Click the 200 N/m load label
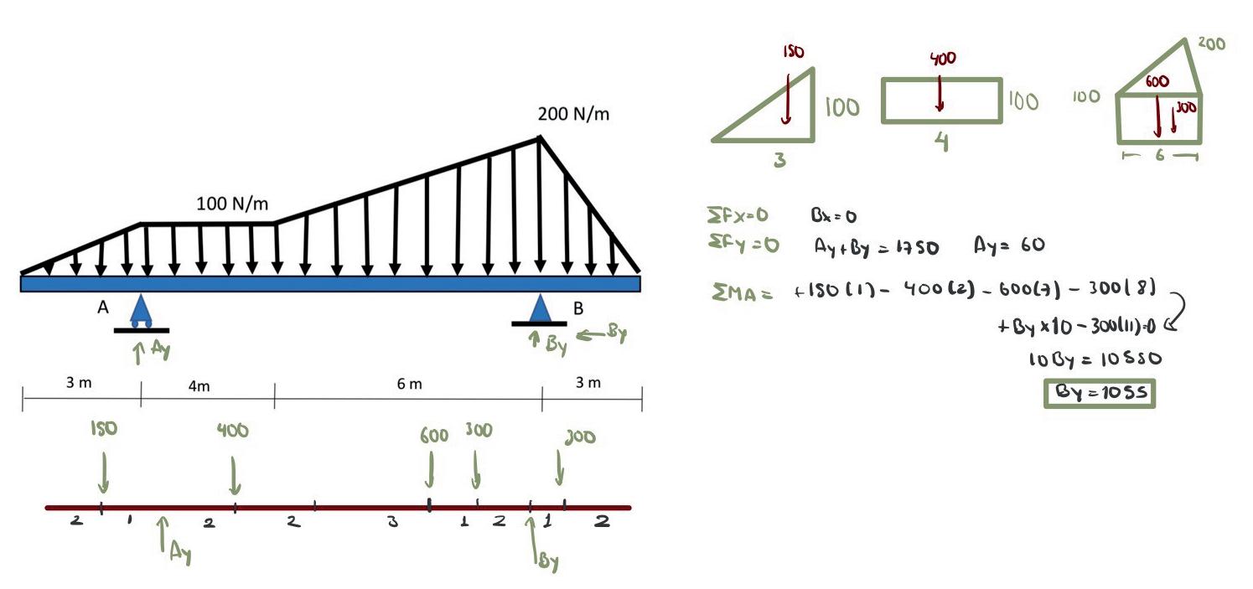click(573, 115)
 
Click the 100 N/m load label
click(232, 204)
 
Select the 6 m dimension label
click(409, 384)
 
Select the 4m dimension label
click(199, 385)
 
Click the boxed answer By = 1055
click(1099, 392)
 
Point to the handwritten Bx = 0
click(833, 216)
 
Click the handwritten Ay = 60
click(1009, 246)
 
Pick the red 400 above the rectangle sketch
click(942, 59)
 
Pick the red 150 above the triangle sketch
click(793, 52)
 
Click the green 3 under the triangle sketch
click(779, 159)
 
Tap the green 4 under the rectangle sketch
click(941, 143)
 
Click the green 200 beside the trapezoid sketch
click(1211, 44)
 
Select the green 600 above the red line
click(433, 436)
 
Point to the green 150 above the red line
click(104, 429)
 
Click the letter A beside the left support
click(103, 307)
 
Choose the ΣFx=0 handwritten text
click(738, 215)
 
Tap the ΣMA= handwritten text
click(741, 292)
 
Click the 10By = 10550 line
click(1095, 359)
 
